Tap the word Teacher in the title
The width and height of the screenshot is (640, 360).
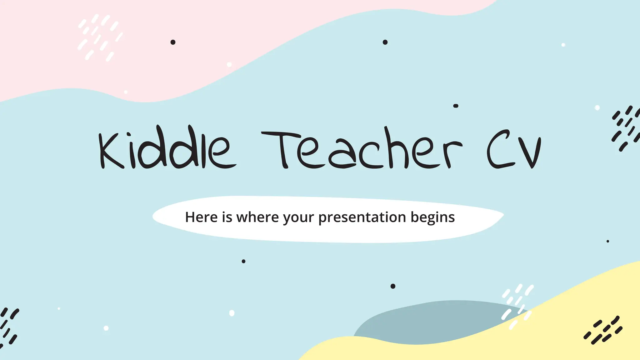click(x=361, y=148)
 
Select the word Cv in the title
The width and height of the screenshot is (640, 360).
click(x=514, y=150)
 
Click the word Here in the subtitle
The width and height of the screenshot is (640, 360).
click(x=201, y=217)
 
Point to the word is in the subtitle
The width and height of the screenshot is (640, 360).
click(x=227, y=217)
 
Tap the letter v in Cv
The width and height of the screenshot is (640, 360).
click(x=531, y=153)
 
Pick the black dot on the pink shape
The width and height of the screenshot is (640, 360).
click(x=173, y=42)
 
